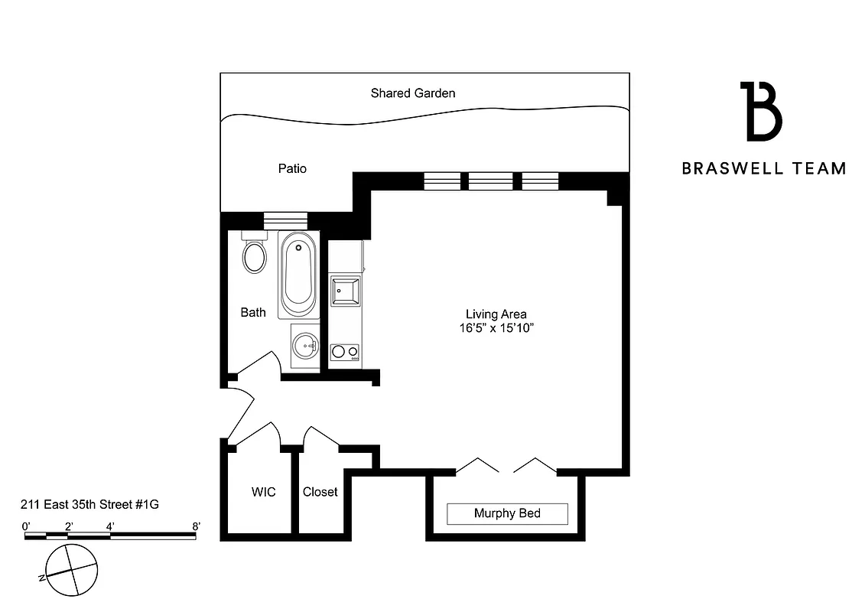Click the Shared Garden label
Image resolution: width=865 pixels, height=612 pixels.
tap(413, 93)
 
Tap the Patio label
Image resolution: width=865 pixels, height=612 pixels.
tap(292, 168)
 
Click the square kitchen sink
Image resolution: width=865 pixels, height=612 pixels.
tap(345, 291)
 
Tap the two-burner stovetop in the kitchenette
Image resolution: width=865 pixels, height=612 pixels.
tap(344, 352)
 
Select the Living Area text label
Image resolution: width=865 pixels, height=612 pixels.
tap(496, 314)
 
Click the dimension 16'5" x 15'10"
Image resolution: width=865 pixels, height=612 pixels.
tap(496, 327)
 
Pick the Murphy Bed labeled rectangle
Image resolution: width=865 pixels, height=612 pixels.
tap(507, 513)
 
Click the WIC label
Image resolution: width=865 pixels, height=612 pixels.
tap(263, 492)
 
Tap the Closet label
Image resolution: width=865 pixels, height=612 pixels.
tap(320, 492)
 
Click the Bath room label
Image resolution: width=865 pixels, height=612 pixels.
tap(253, 312)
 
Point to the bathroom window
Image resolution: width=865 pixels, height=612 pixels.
tap(285, 220)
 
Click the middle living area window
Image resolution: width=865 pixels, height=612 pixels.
tap(490, 181)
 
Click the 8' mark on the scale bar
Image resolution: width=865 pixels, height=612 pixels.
tap(196, 526)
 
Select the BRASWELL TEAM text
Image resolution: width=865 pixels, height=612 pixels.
tap(764, 168)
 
